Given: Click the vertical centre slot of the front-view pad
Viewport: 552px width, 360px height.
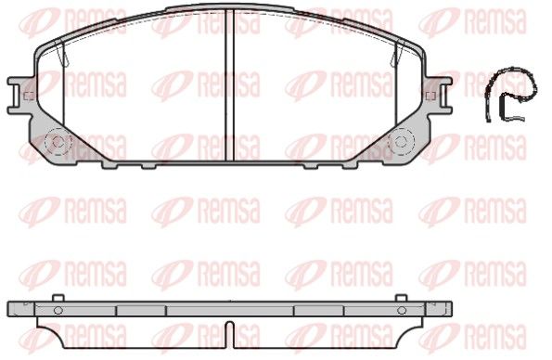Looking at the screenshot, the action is click(229, 84).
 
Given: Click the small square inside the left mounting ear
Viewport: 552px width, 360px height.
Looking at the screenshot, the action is click(29, 96).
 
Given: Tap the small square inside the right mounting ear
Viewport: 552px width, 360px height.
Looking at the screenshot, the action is click(430, 96).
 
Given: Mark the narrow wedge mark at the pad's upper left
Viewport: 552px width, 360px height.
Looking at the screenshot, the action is click(62, 54).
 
